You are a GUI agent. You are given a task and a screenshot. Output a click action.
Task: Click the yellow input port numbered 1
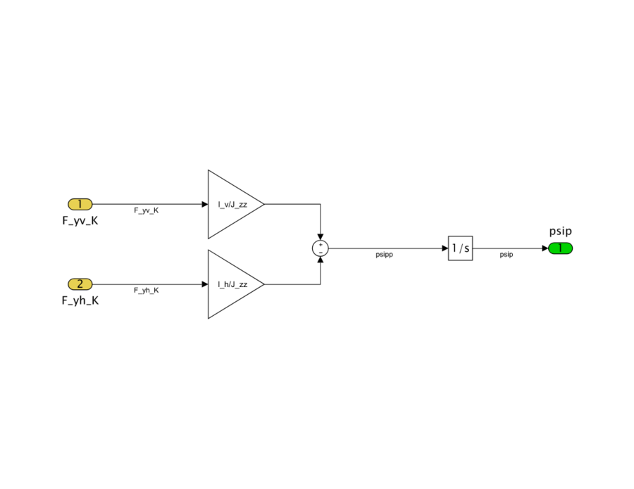coord(80,204)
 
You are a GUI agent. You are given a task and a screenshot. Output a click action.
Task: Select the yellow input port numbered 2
coord(80,284)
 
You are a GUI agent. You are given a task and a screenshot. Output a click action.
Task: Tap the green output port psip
coord(560,248)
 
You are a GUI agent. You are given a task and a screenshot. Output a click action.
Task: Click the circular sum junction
coord(321,248)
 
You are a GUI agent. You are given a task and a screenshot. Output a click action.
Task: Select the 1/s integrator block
coord(460,248)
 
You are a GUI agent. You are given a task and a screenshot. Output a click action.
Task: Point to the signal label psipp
coord(384,255)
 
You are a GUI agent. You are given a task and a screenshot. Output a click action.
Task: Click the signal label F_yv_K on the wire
coord(147,210)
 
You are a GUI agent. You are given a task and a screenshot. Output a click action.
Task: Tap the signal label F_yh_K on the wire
coord(147,291)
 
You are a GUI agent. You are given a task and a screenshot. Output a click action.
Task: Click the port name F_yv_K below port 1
coord(80,220)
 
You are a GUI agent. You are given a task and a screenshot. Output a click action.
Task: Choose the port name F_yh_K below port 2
coord(80,300)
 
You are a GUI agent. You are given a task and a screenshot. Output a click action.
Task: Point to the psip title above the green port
coord(560,231)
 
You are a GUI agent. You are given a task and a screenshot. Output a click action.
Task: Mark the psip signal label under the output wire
coord(506,255)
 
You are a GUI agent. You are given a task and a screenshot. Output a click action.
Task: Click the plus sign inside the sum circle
coord(321,244)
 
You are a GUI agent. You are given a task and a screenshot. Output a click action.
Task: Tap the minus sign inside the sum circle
coord(321,252)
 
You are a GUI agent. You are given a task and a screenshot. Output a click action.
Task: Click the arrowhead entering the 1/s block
coord(445,248)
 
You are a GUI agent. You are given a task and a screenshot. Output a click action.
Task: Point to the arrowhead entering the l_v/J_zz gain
coord(205,204)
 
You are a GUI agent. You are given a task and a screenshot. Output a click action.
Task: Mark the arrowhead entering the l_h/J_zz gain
coord(205,284)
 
